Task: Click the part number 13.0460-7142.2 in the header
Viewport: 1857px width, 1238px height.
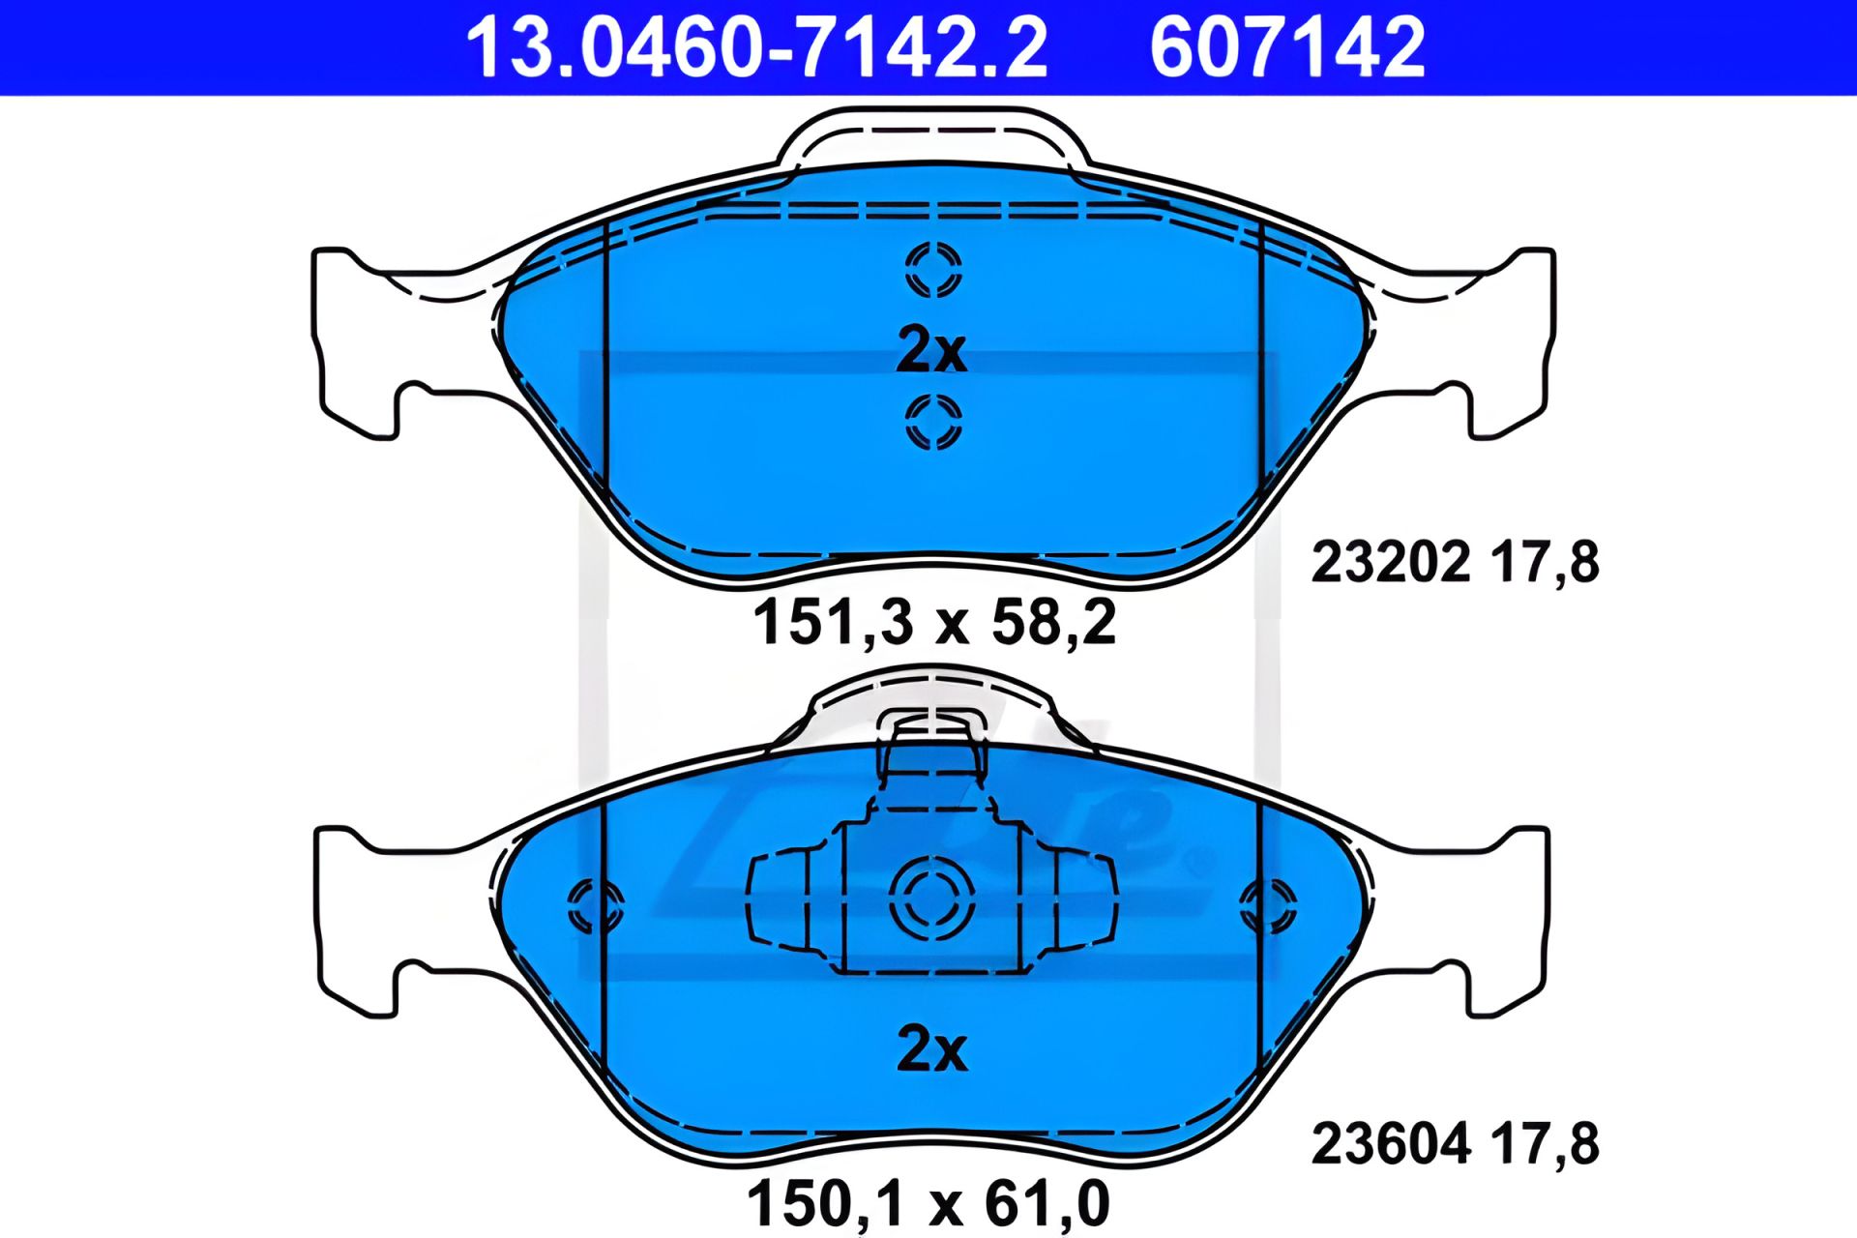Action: click(x=756, y=48)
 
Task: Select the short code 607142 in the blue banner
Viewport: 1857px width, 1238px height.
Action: click(x=1286, y=48)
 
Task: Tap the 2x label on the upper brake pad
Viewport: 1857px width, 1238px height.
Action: click(x=931, y=350)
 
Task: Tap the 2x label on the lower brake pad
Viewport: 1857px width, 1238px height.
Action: click(x=931, y=1048)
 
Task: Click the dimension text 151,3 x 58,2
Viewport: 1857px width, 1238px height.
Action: click(x=934, y=622)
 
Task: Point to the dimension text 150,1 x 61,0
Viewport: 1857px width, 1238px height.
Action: click(x=928, y=1204)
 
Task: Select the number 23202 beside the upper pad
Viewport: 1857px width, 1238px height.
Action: click(x=1390, y=562)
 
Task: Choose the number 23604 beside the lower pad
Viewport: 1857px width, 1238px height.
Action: click(x=1390, y=1144)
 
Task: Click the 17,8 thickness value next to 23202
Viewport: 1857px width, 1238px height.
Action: click(x=1545, y=562)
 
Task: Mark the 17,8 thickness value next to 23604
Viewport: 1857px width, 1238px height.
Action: click(x=1545, y=1144)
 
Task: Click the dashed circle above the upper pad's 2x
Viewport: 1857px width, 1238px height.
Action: click(x=933, y=269)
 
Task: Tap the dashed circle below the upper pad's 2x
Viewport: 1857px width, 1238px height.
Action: click(x=933, y=422)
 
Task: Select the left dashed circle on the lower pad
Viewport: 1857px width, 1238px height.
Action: click(x=594, y=906)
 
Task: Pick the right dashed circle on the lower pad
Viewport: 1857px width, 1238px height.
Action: click(x=1268, y=906)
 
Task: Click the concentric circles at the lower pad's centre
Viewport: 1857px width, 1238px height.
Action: click(x=931, y=898)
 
